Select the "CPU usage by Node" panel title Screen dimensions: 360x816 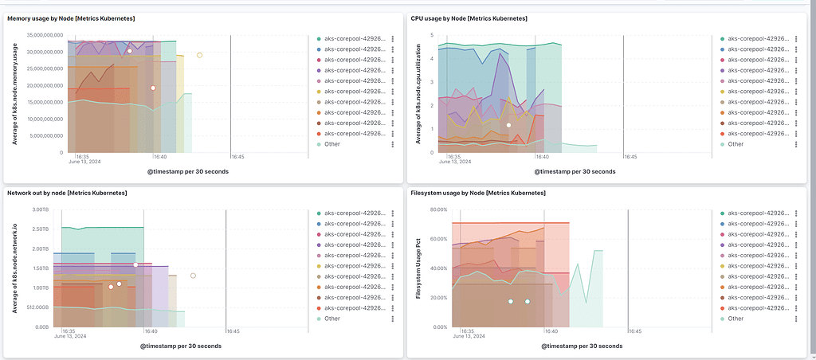click(461, 18)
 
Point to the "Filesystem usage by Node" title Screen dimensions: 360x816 click(477, 193)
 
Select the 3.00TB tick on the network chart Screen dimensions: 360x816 click(41, 209)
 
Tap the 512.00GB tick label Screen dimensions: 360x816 click(37, 307)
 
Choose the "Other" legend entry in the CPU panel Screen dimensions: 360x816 click(736, 144)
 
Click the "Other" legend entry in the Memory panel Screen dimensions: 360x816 click(332, 144)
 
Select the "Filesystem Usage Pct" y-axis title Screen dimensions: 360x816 click(419, 268)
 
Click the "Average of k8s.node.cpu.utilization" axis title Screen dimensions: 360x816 click(418, 94)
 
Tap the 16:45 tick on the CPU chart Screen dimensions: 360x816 click(630, 157)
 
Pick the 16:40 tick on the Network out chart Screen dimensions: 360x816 click(150, 331)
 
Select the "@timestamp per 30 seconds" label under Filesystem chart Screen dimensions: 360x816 click(582, 346)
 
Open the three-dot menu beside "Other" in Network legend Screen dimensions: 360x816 click(393, 319)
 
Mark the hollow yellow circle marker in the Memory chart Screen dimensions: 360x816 click(199, 55)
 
